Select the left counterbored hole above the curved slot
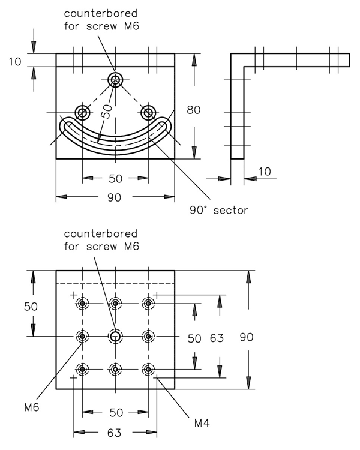83,112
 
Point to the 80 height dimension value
210,110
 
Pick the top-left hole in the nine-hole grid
83,304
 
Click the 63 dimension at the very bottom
115,432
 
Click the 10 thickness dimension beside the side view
263,172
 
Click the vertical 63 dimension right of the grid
217,338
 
